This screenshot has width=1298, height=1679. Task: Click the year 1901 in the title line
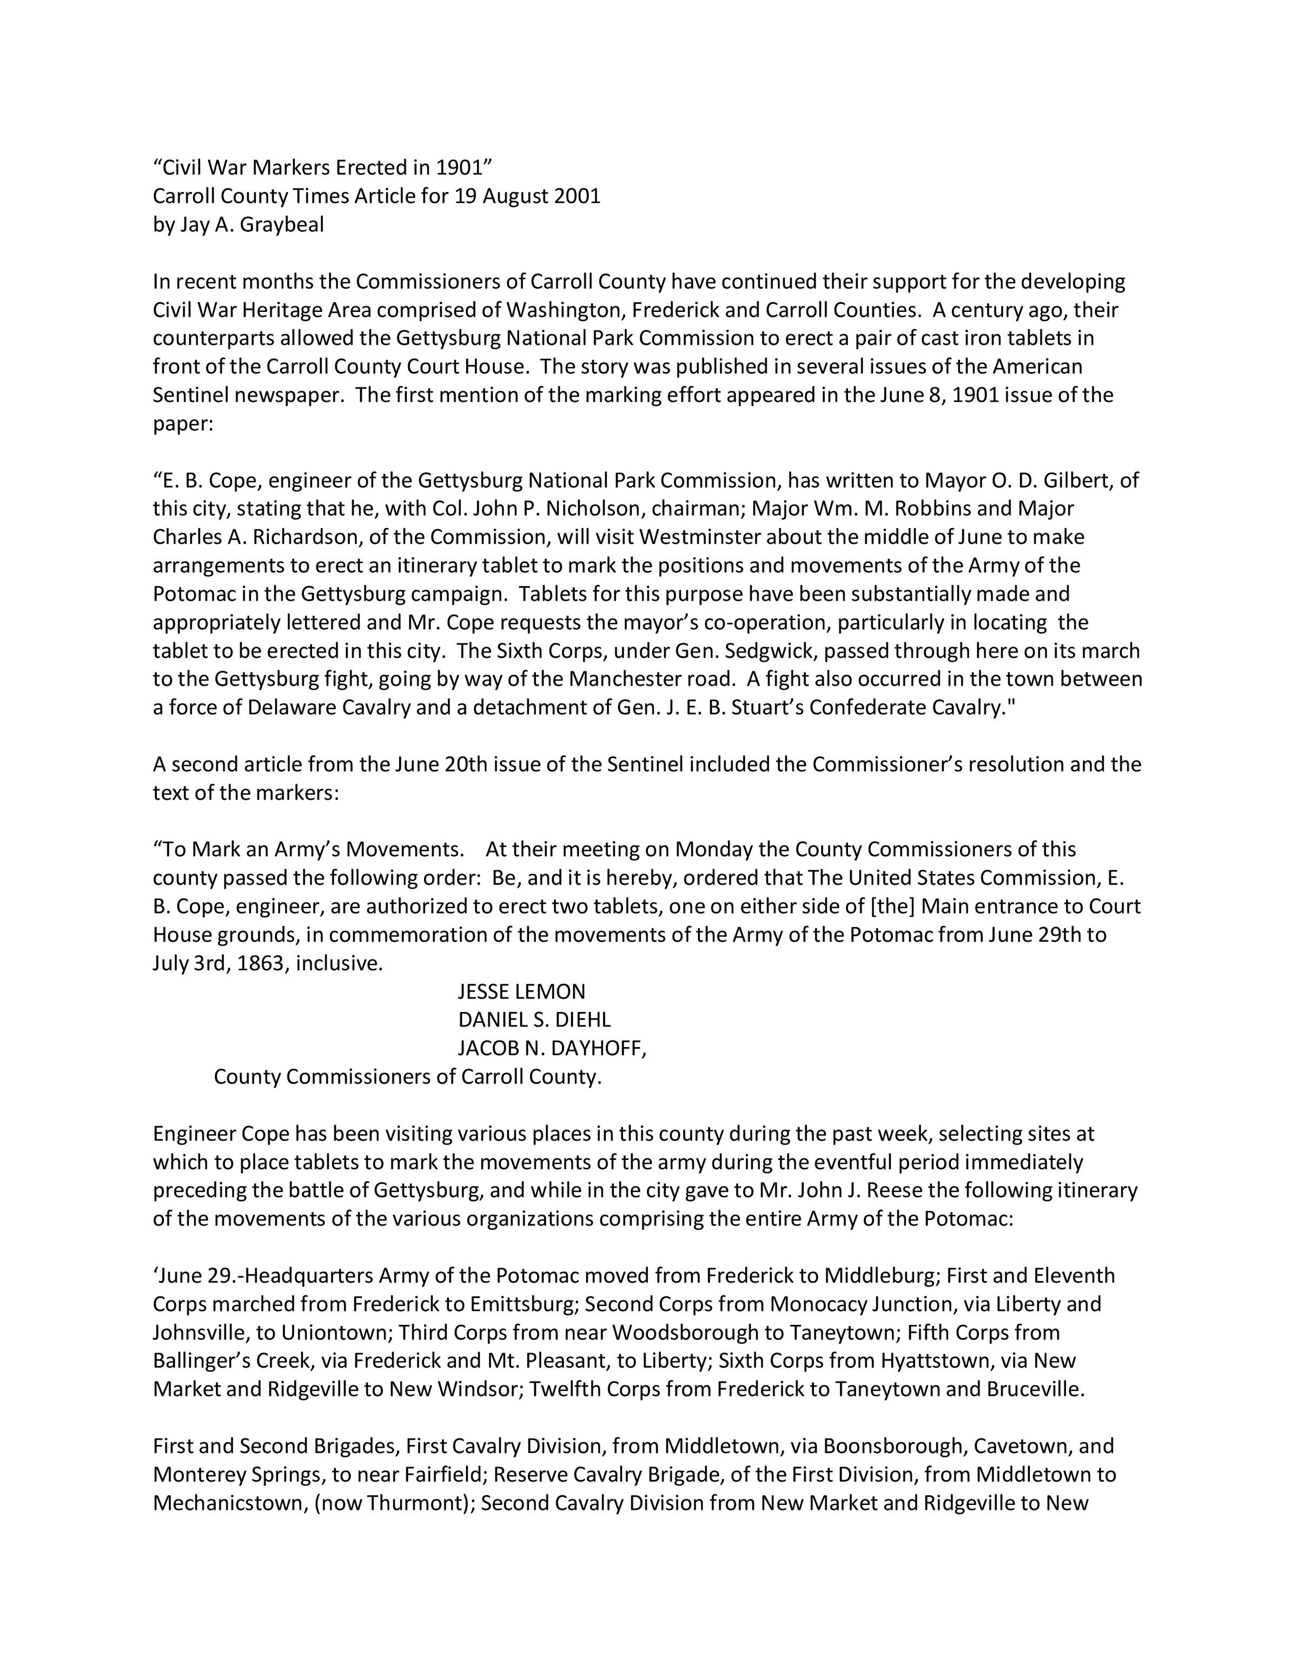pyautogui.click(x=458, y=168)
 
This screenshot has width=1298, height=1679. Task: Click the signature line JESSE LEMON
pyautogui.click(x=521, y=992)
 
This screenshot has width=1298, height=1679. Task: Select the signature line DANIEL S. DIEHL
pyautogui.click(x=534, y=1020)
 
